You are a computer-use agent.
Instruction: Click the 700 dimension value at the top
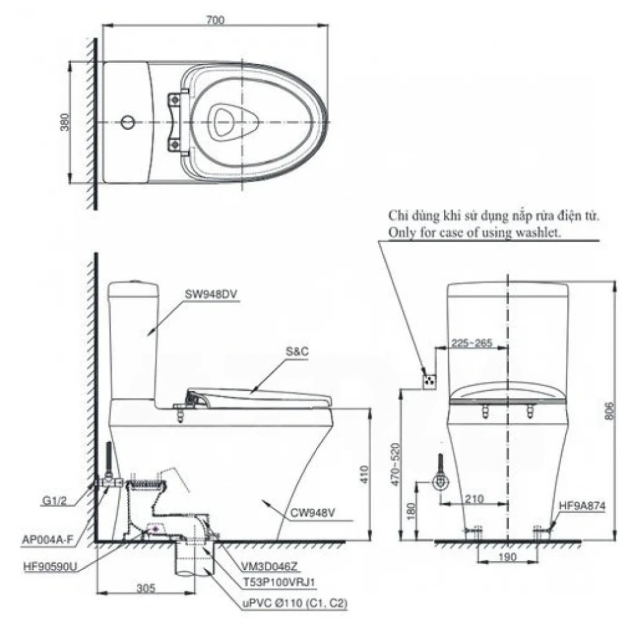[215, 20]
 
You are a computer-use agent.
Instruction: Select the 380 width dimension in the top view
[65, 122]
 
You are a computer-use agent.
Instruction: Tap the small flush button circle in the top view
[128, 122]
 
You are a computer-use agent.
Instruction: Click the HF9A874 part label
[582, 506]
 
